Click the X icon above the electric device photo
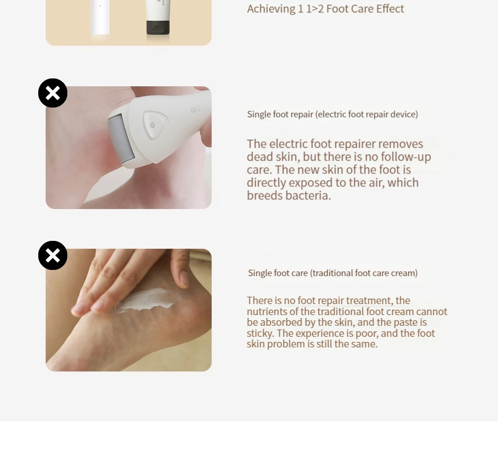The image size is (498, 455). pos(53,93)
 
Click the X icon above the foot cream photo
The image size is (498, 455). pos(53,255)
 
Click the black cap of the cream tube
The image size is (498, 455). pos(158,28)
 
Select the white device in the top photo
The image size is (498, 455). pos(100,18)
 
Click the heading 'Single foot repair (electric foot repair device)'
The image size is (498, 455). pos(332,114)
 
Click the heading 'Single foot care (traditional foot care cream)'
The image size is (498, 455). pos(332,273)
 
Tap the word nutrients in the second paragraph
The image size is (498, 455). pos(267,311)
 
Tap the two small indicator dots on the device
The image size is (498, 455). pos(196,109)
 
